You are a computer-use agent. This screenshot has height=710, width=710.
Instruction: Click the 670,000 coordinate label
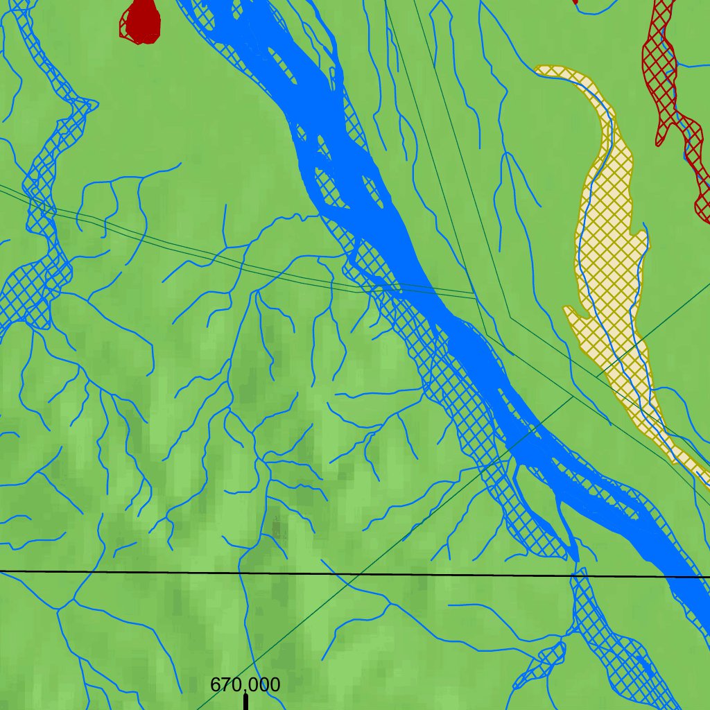(x=245, y=685)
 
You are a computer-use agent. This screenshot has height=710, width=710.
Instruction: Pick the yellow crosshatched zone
(x=610, y=263)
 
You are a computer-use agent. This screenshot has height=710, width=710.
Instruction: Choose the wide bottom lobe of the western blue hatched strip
(x=28, y=298)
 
